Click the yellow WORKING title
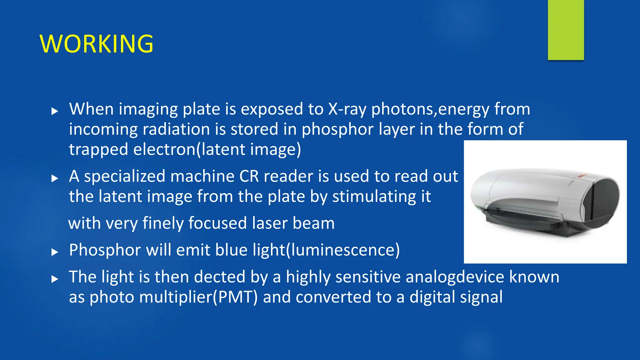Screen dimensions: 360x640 [x=97, y=44]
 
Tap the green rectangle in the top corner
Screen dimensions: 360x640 [x=566, y=30]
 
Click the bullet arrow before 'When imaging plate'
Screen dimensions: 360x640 [x=55, y=111]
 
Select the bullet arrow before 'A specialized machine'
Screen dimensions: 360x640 [x=55, y=178]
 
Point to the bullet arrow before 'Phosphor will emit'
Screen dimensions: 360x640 [x=55, y=252]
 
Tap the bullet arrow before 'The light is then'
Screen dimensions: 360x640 [x=55, y=279]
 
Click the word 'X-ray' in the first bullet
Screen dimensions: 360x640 [x=347, y=109]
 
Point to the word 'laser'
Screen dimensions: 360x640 [x=270, y=223]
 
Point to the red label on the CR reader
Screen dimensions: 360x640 [x=582, y=177]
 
